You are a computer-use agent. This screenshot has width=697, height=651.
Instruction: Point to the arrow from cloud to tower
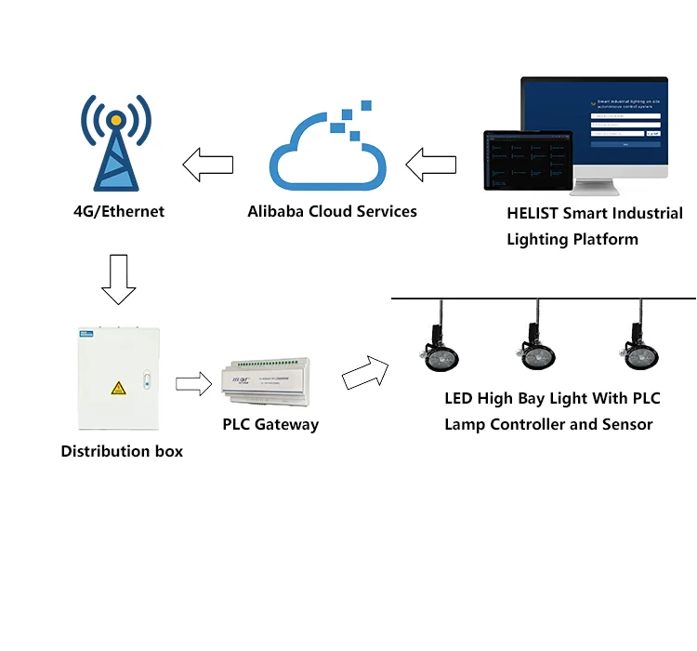207,166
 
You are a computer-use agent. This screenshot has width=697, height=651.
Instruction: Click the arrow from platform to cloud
431,166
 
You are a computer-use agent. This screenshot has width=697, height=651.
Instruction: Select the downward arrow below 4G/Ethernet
118,279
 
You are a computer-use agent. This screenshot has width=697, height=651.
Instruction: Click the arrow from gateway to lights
364,373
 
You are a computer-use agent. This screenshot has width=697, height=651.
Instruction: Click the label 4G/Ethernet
118,211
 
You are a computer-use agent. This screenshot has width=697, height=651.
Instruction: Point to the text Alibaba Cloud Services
332,211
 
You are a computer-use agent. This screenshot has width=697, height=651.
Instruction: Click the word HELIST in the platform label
533,213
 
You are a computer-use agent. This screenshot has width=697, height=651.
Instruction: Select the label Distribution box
122,451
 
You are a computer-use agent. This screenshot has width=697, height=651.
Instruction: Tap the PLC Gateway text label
270,424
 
